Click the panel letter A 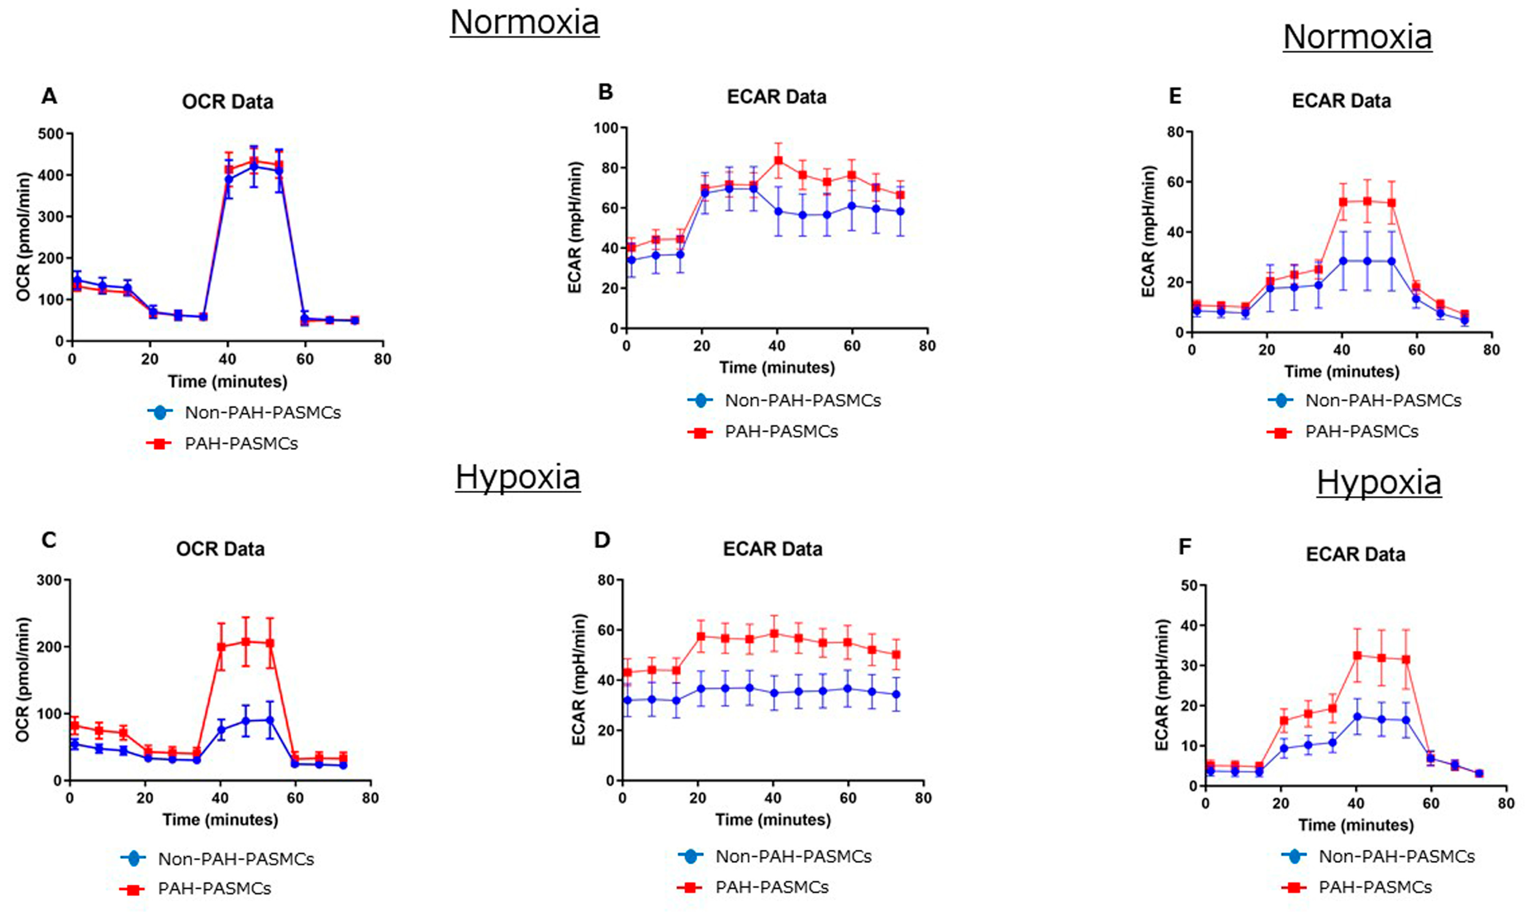[x=49, y=97]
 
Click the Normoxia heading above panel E [x=1357, y=37]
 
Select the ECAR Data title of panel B [x=777, y=97]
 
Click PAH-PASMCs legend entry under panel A [x=241, y=444]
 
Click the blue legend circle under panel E [x=1281, y=401]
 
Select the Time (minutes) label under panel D [x=773, y=820]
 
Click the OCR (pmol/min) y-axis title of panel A [x=23, y=237]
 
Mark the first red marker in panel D [x=627, y=672]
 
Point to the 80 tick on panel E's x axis [x=1491, y=350]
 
